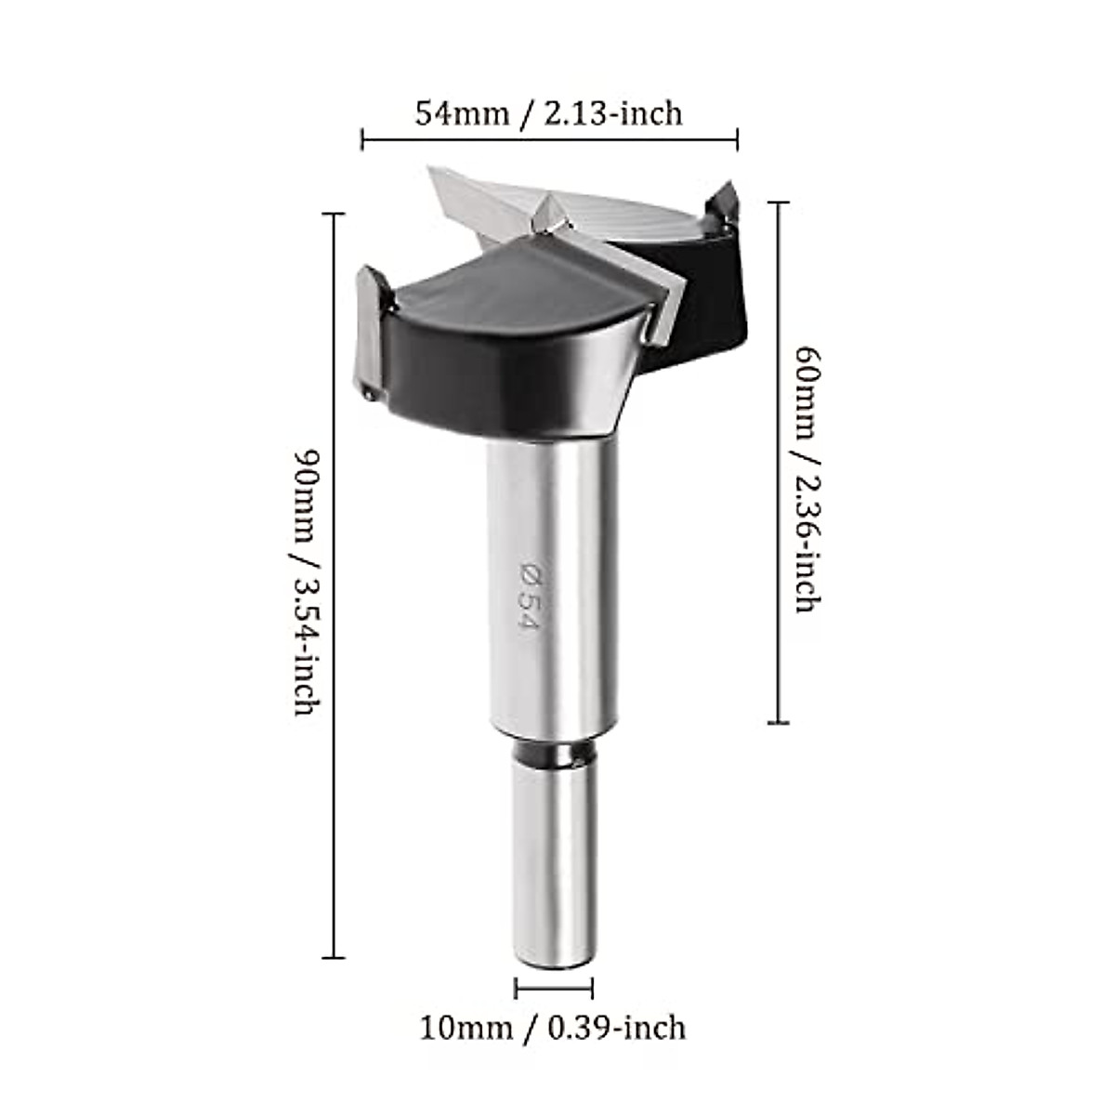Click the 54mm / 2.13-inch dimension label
click(x=548, y=113)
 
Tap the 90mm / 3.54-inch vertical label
click(x=308, y=583)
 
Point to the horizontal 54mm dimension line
click(x=548, y=140)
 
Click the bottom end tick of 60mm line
click(x=779, y=722)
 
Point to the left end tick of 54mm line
click(x=361, y=140)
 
